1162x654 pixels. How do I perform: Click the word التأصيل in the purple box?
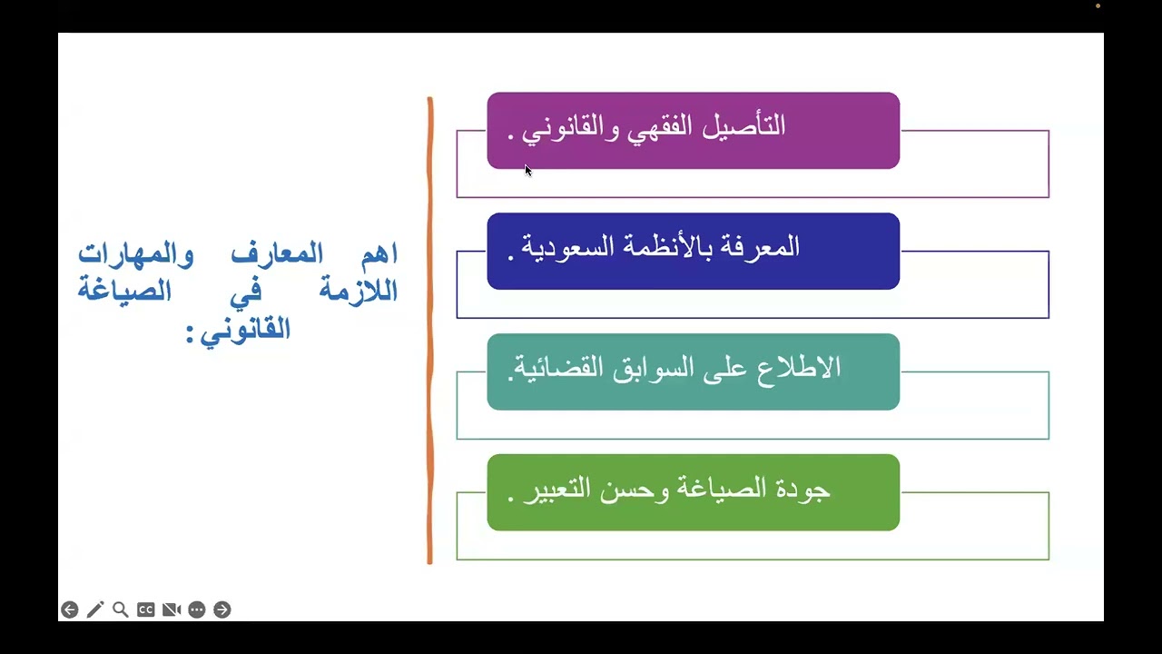[750, 126]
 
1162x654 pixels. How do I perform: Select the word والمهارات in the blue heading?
[135, 254]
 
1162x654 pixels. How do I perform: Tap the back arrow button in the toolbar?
[70, 609]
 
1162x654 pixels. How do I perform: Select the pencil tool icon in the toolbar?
[95, 609]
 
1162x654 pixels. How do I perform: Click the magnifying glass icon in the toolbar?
[121, 609]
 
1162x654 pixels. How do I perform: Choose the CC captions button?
[146, 609]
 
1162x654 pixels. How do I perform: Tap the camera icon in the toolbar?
[172, 609]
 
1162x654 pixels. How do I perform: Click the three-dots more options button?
[197, 609]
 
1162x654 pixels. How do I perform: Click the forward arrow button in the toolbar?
[222, 609]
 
